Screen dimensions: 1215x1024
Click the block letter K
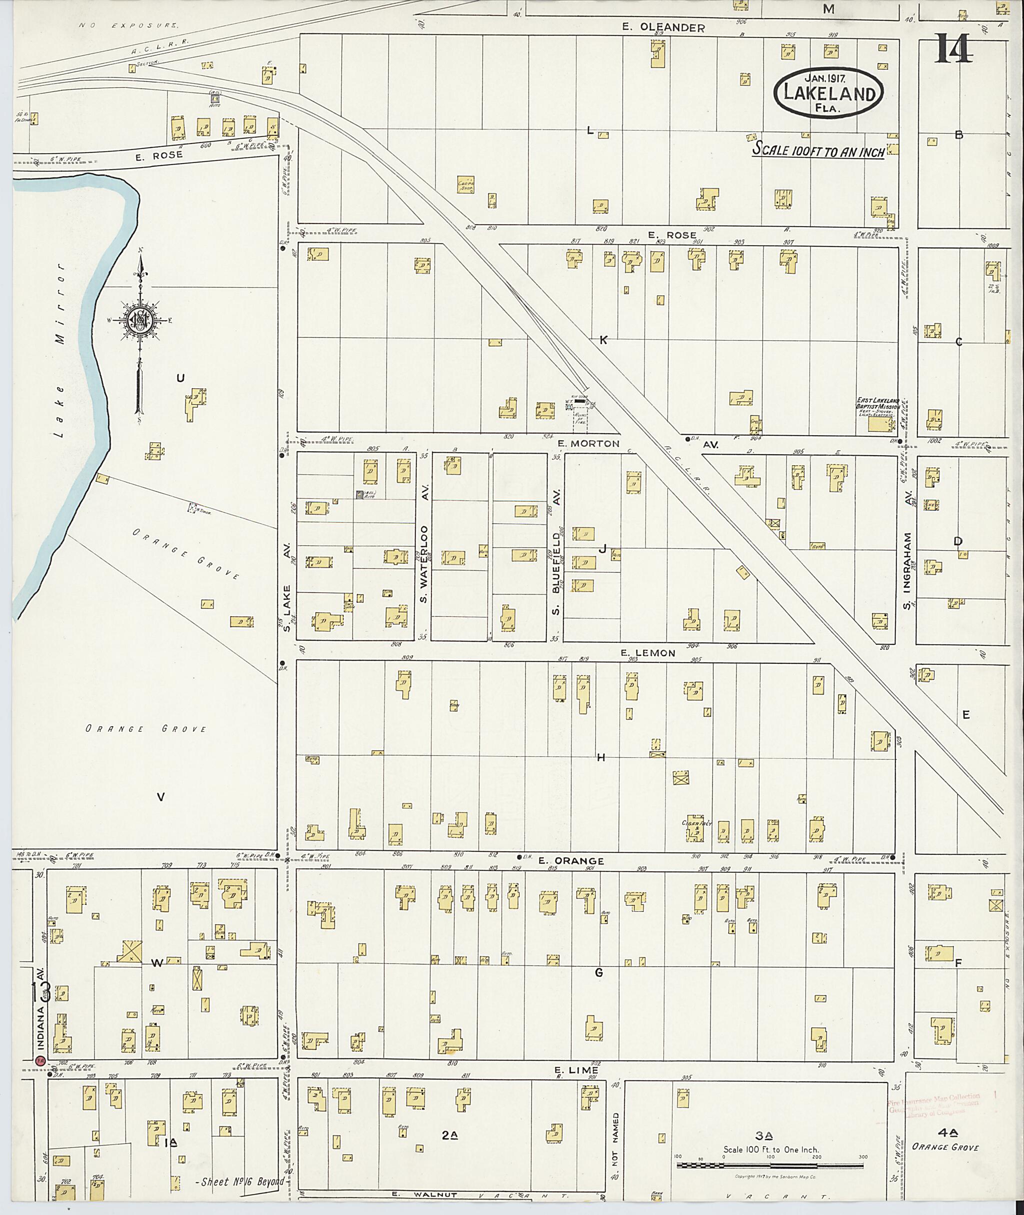click(x=603, y=340)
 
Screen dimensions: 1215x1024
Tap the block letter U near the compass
click(x=180, y=378)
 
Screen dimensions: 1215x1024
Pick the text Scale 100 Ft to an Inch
click(x=818, y=151)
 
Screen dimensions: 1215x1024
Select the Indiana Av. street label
click(x=40, y=1020)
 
